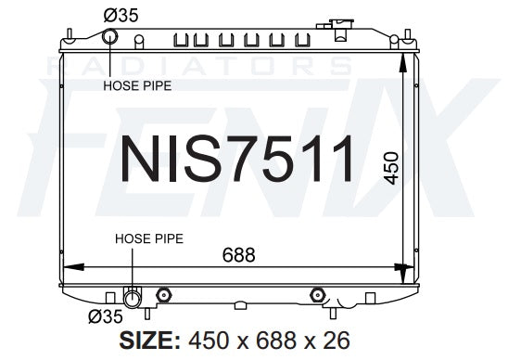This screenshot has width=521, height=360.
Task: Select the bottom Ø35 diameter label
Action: tap(108, 316)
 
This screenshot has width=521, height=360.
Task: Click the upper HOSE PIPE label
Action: tap(137, 85)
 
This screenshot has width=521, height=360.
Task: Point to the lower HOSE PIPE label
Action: tap(149, 238)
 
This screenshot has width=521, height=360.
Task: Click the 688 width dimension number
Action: tap(235, 255)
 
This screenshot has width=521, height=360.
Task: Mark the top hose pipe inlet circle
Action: tap(110, 37)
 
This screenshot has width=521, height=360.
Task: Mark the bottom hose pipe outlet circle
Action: tap(132, 298)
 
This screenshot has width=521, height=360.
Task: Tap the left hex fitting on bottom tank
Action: tap(164, 295)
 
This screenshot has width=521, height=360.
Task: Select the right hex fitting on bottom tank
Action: tap(317, 295)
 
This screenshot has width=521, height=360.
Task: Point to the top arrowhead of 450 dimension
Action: tap(401, 58)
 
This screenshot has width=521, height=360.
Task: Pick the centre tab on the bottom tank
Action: tap(240, 305)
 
